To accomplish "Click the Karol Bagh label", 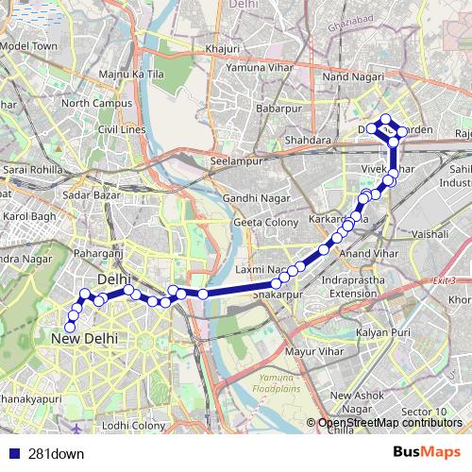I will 31,216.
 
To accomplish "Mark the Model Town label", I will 30,45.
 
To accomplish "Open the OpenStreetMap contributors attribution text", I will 389,422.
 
